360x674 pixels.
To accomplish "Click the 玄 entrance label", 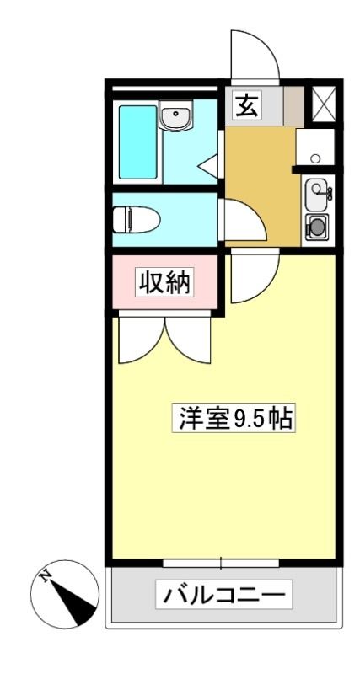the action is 247,105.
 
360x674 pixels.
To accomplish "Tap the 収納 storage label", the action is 164,281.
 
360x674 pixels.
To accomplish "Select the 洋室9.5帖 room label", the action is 234,417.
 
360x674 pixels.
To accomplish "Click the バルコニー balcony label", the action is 223,594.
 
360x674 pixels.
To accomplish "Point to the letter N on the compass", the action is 45,576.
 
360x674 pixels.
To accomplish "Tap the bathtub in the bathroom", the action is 137,142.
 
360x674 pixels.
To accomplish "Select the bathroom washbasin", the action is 175,114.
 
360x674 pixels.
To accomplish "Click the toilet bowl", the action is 136,219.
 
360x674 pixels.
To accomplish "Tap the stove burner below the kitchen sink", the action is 317,227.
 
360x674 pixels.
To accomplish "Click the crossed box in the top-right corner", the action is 323,104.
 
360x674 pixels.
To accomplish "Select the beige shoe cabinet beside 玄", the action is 293,106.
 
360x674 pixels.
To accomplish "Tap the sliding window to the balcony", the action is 221,562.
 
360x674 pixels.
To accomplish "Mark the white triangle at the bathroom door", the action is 208,164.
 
